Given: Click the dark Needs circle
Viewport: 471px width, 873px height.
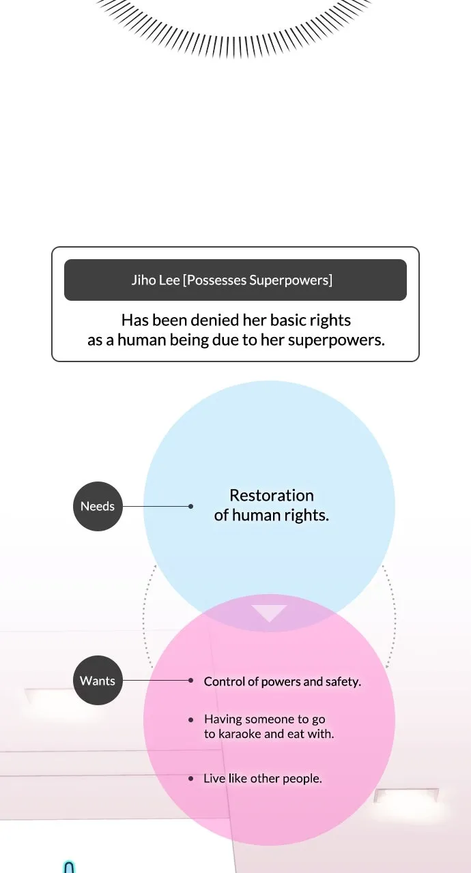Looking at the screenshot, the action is [x=98, y=506].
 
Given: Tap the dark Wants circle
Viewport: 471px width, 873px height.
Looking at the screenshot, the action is [x=98, y=681].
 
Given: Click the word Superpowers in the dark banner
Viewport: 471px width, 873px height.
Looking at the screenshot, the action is [x=289, y=280].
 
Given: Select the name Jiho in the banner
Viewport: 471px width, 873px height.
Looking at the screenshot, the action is [x=142, y=280].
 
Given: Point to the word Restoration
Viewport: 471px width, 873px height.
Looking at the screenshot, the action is [x=272, y=495].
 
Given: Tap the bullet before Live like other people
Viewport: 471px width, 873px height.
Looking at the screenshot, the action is [x=190, y=779].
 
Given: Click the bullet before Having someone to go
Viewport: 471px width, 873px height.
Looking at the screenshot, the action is [x=190, y=720].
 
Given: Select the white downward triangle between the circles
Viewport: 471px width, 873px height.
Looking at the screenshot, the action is [x=269, y=612].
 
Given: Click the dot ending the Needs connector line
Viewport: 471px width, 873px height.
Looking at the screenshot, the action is [x=190, y=506].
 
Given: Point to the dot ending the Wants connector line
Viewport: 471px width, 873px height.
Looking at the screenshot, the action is [x=190, y=681].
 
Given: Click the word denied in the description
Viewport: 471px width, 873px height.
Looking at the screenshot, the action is [x=215, y=321].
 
